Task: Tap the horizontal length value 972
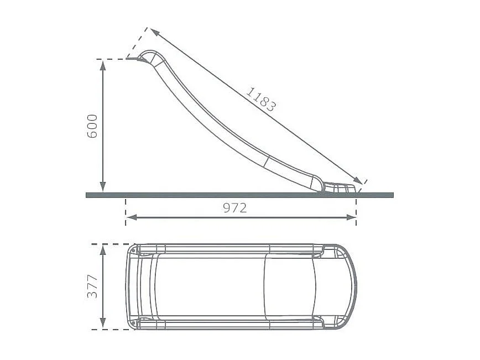click(x=235, y=208)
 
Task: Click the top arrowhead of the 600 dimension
click(x=103, y=64)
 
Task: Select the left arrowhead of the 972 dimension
click(x=131, y=217)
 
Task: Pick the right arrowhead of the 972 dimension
click(x=351, y=217)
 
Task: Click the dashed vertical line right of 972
click(x=356, y=213)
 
